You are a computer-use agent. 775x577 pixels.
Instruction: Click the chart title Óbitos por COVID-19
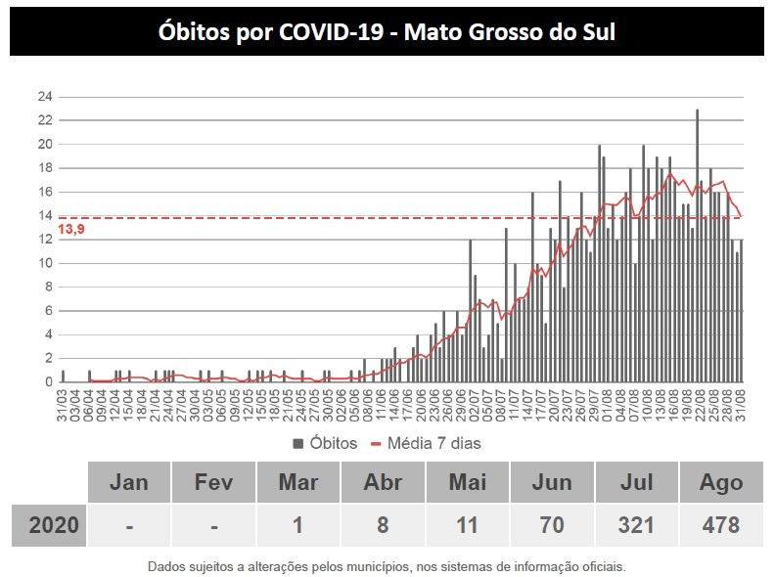pyautogui.click(x=387, y=31)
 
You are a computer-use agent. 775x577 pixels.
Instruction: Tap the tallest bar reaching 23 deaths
pyautogui.click(x=697, y=244)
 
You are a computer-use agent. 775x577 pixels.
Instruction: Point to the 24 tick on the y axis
pyautogui.click(x=45, y=97)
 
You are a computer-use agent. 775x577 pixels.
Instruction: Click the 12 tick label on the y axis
pyautogui.click(x=45, y=240)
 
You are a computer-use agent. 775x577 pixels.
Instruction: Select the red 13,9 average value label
pyautogui.click(x=70, y=229)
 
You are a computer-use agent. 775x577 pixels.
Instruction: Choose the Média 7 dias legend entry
pyautogui.click(x=426, y=443)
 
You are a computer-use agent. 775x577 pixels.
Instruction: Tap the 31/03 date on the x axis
pyautogui.click(x=63, y=403)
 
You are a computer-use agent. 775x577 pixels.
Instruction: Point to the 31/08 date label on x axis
pyautogui.click(x=742, y=403)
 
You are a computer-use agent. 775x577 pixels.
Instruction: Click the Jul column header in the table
pyautogui.click(x=637, y=482)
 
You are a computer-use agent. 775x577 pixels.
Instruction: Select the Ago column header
pyautogui.click(x=721, y=482)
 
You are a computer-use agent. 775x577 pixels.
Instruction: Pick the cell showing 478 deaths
pyautogui.click(x=721, y=525)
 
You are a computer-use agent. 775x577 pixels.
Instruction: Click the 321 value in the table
pyautogui.click(x=637, y=525)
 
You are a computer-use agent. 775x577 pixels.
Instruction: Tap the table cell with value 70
pyautogui.click(x=552, y=525)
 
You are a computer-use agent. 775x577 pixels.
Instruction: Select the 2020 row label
pyautogui.click(x=48, y=525)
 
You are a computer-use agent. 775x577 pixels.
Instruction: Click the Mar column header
pyautogui.click(x=298, y=482)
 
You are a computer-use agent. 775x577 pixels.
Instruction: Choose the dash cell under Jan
pyautogui.click(x=129, y=525)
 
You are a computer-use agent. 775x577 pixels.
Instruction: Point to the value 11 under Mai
pyautogui.click(x=468, y=525)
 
